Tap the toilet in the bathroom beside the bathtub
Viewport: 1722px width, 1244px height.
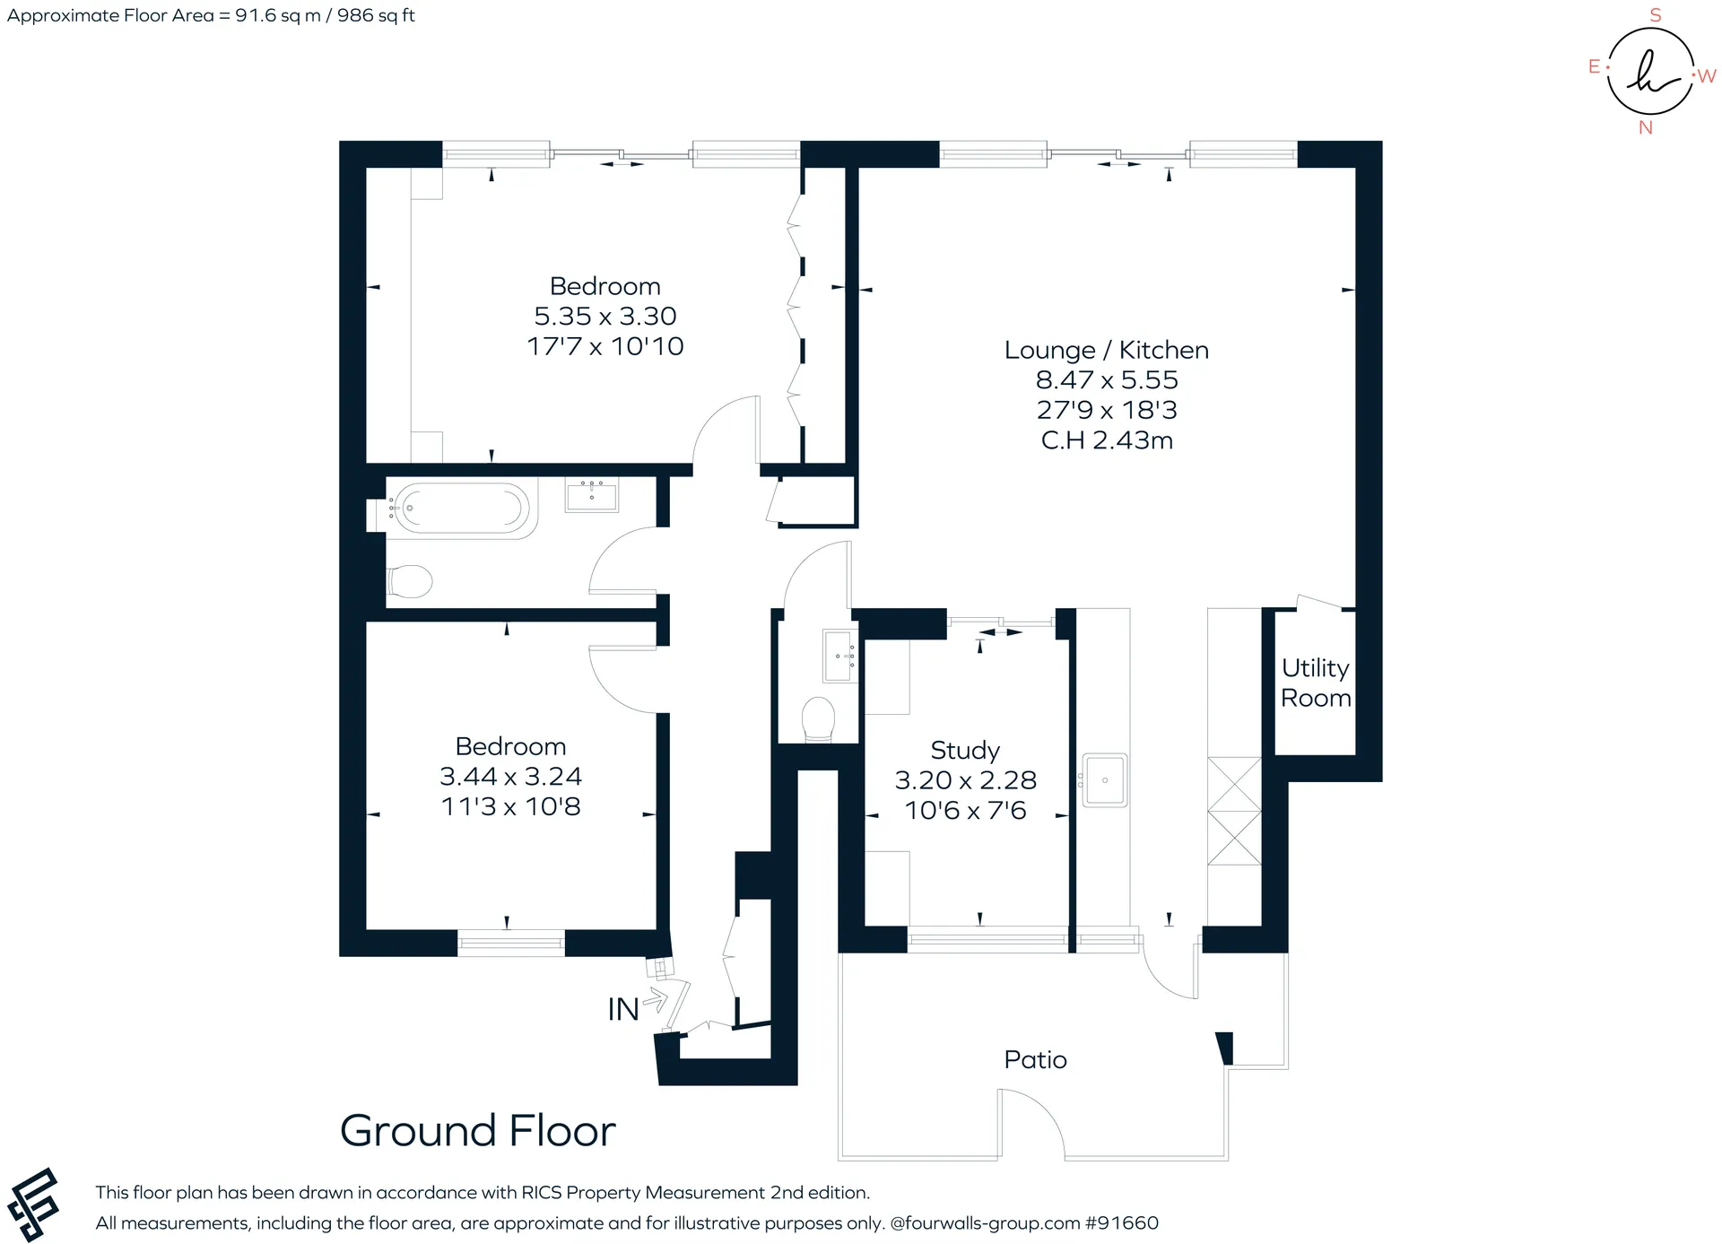coord(410,581)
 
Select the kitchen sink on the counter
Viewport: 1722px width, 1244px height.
coord(1104,780)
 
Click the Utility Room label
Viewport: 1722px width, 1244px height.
coord(1316,683)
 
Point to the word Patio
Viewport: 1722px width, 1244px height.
coord(1036,1059)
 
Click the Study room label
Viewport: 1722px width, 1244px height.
coord(965,750)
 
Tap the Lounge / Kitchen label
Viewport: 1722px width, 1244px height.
coord(1107,350)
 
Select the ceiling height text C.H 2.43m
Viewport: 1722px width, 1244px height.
coord(1107,440)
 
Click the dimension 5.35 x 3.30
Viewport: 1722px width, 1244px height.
coord(605,316)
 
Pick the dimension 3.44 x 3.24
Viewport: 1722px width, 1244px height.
coord(510,776)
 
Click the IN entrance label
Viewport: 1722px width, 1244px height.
coord(623,1010)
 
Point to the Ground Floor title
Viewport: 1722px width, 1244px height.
coord(478,1130)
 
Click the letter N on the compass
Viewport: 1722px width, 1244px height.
coord(1646,127)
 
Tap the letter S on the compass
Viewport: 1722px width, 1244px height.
coord(1656,15)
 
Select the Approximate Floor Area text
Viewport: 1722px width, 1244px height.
coord(211,15)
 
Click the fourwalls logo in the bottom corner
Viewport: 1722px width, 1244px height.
coord(33,1205)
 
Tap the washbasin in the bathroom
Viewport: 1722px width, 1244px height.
coord(592,494)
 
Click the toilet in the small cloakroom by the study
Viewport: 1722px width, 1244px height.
coord(818,719)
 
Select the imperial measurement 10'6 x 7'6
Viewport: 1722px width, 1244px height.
coord(965,811)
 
